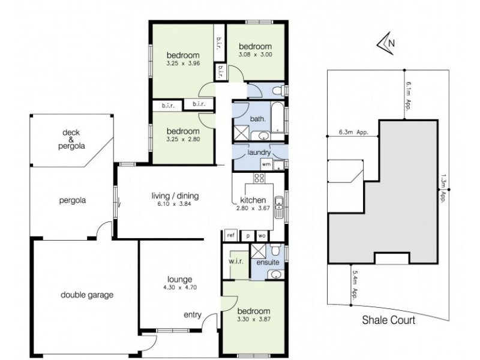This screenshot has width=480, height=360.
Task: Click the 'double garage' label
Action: [x=86, y=295]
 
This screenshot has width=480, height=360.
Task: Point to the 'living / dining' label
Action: [x=175, y=196]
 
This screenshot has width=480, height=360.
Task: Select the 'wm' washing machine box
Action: [x=265, y=163]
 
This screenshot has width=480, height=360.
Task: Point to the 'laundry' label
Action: [x=259, y=152]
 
